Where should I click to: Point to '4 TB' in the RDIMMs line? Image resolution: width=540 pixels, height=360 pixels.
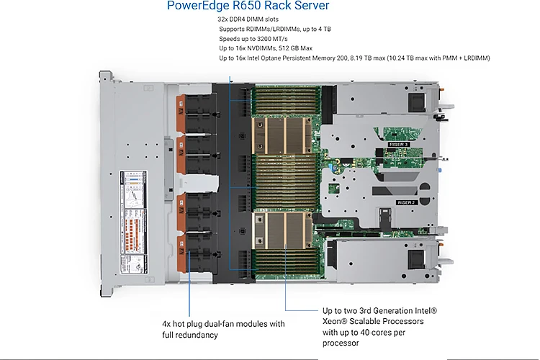click(x=323, y=29)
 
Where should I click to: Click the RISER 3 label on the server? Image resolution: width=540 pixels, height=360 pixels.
click(x=398, y=145)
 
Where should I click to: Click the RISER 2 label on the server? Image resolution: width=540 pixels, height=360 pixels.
click(x=406, y=202)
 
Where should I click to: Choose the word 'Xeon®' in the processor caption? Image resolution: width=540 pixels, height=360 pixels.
click(x=335, y=321)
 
